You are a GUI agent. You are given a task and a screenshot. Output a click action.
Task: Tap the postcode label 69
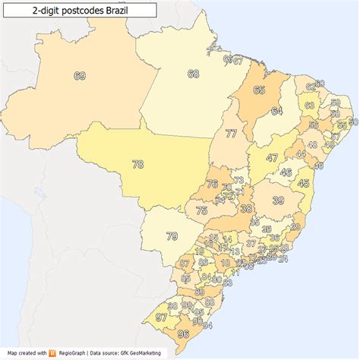(80, 75)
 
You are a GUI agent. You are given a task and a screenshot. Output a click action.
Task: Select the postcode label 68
(193, 74)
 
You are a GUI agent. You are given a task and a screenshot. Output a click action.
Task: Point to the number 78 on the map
(137, 163)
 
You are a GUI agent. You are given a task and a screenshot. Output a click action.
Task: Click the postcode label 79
(172, 236)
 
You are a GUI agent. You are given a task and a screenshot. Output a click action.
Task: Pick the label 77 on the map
(231, 134)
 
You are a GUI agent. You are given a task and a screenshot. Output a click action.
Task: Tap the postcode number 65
(259, 90)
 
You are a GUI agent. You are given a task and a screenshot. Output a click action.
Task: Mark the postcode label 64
(276, 111)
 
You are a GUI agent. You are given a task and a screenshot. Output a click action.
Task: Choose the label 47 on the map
(272, 158)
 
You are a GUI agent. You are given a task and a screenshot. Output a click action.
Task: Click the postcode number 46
(286, 172)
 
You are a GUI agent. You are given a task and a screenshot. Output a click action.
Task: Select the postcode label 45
(304, 183)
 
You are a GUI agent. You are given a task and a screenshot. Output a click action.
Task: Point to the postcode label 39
(279, 200)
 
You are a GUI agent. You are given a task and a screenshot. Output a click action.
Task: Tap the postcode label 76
(212, 184)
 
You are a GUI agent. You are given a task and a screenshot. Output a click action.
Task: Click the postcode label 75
(201, 211)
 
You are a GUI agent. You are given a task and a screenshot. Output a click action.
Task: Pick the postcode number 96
(182, 333)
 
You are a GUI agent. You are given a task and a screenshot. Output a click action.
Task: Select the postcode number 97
(160, 317)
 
